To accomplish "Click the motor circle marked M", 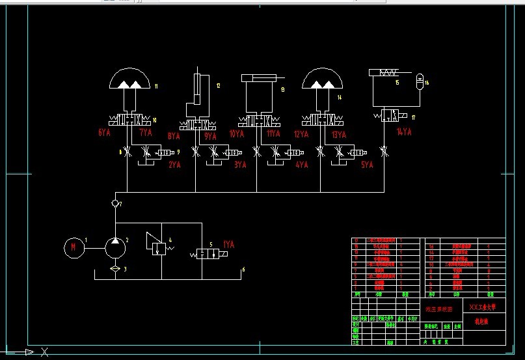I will (x=74, y=247).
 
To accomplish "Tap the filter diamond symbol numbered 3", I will (x=115, y=268).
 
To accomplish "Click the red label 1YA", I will (x=228, y=245).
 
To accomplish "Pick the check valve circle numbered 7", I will (x=115, y=203).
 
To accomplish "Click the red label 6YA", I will (x=105, y=133).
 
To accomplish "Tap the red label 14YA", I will (x=404, y=132).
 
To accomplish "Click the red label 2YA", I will (x=174, y=165).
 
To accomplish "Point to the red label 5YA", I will (x=367, y=165).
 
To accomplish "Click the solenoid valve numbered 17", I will (x=392, y=116).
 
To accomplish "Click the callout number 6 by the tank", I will (x=243, y=269).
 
